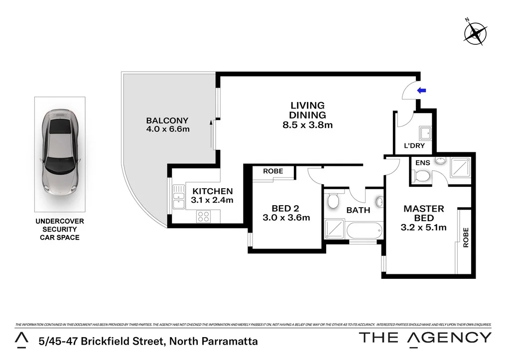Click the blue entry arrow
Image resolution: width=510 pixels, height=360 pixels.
[422, 90]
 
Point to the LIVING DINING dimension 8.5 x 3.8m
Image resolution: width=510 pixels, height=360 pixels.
[307, 125]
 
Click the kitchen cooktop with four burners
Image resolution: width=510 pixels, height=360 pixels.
[203, 216]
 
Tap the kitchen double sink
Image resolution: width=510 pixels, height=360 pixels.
[177, 198]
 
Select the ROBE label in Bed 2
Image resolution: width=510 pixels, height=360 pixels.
[273, 171]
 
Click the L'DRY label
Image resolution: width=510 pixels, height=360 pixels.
[414, 146]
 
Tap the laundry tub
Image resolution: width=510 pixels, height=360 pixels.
[425, 132]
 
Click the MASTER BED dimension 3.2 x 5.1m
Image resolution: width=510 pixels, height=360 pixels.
[424, 228]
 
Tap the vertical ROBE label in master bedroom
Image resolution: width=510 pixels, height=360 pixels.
[466, 238]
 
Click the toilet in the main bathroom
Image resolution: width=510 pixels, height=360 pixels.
[333, 201]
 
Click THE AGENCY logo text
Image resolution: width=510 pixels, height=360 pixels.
[425, 338]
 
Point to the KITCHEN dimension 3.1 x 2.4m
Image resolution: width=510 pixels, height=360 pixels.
[212, 200]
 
